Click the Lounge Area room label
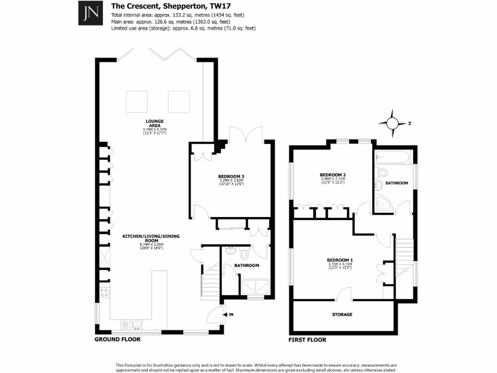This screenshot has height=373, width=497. pyautogui.click(x=154, y=123)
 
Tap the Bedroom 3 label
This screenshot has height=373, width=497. pyautogui.click(x=231, y=176)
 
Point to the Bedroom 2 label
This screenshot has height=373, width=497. pyautogui.click(x=332, y=175)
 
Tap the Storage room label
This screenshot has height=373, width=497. pyautogui.click(x=342, y=315)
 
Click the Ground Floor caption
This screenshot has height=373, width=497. pyautogui.click(x=117, y=339)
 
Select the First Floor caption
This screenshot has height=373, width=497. pyautogui.click(x=307, y=340)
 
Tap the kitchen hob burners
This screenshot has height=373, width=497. pyautogui.click(x=104, y=293)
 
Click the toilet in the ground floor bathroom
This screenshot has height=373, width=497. pyautogui.click(x=245, y=254)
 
